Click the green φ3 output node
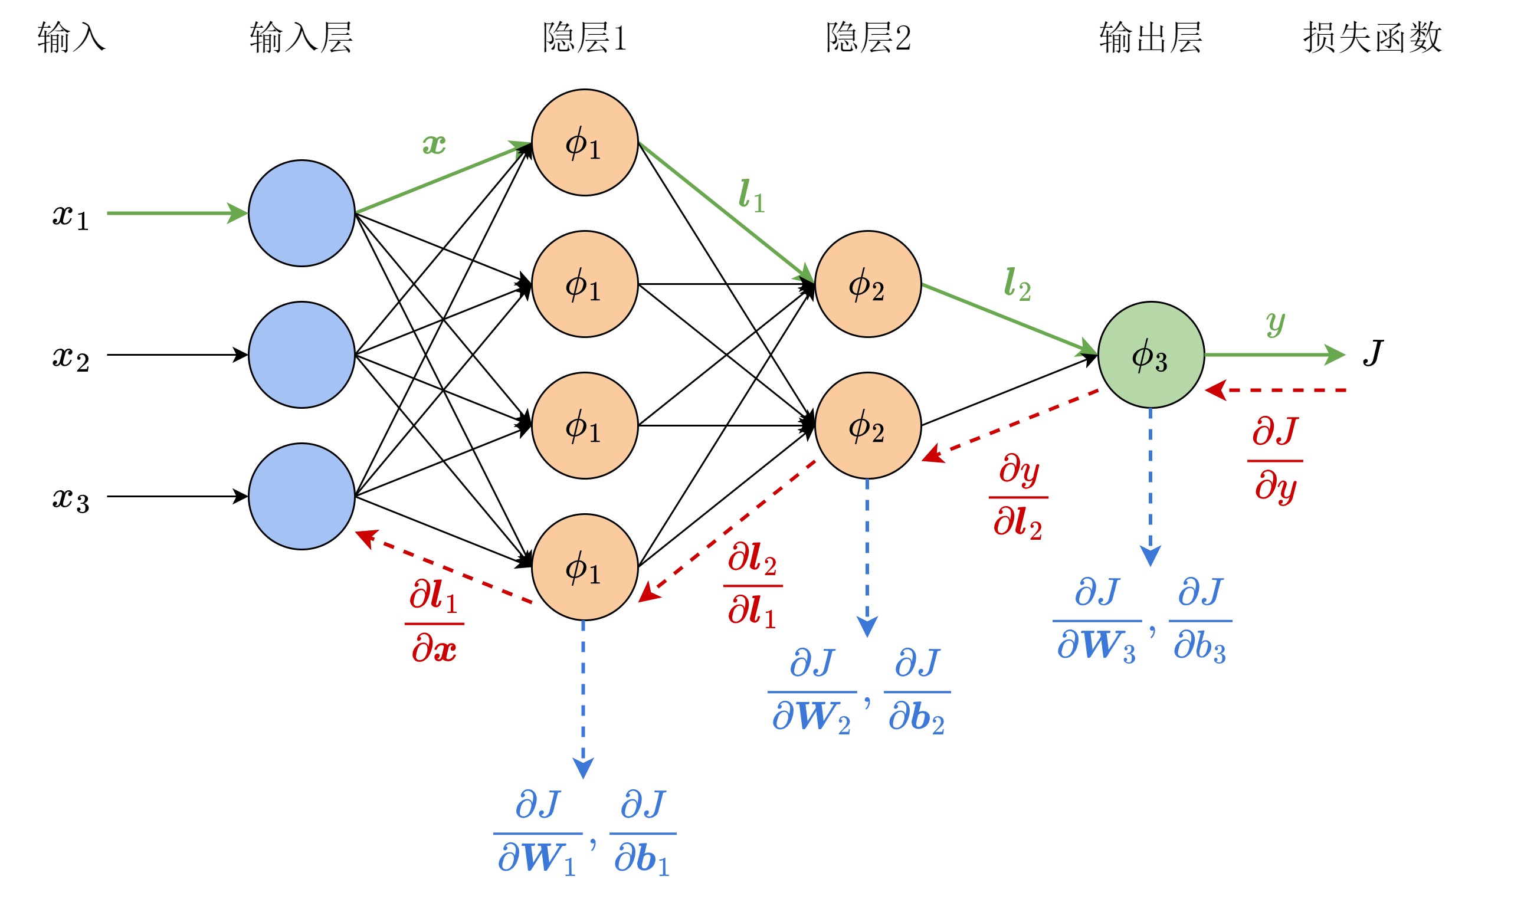point(1151,355)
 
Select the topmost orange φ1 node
point(585,143)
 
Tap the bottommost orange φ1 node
point(585,567)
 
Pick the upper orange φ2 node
point(868,284)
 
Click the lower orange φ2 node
point(868,425)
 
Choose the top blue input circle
point(302,214)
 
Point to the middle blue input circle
point(302,355)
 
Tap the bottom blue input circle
point(302,496)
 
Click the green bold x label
point(434,144)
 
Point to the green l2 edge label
point(1017,284)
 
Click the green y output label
point(1276,323)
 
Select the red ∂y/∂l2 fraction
point(1018,497)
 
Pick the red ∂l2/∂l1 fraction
point(753,585)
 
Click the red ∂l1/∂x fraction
point(434,624)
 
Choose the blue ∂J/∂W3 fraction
point(1097,619)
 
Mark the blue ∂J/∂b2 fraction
point(917,691)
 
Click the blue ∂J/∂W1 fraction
point(538,833)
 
